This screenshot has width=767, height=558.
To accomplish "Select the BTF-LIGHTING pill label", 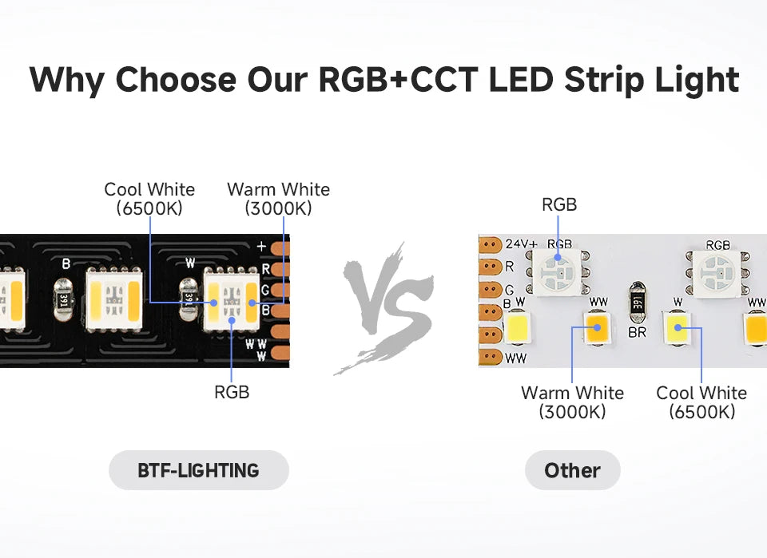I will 198,470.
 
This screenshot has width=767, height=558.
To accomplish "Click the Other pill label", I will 572,470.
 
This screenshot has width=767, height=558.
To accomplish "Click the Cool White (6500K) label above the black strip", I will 149,199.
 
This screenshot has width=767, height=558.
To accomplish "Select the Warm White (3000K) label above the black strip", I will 278,199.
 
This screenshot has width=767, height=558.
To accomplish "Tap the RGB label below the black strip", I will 232,392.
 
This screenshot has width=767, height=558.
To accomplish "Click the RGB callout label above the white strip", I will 559,204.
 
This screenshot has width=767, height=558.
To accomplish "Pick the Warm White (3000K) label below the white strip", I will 572,402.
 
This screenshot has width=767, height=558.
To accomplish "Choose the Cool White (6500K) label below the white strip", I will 701,402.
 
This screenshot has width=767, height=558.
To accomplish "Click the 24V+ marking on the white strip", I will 520,243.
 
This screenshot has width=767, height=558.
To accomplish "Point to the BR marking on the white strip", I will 637,332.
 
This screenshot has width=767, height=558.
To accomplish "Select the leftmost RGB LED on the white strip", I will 559,271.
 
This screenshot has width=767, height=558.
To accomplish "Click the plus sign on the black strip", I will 261,247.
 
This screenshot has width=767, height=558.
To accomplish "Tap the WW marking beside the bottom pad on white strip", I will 516,358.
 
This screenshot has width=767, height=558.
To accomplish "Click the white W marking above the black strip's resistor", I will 189,262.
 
